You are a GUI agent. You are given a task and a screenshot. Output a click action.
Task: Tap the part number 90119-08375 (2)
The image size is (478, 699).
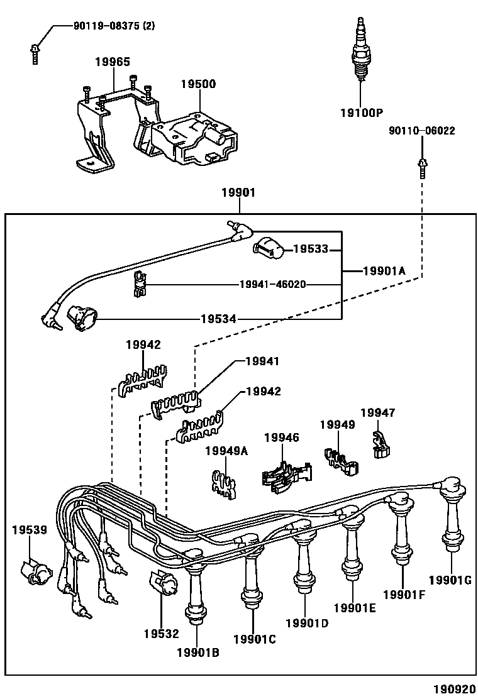[114, 26]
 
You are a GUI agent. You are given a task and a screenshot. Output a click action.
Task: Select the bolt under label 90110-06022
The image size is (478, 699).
[422, 168]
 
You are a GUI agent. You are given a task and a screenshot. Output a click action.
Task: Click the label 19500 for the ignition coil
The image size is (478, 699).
[198, 84]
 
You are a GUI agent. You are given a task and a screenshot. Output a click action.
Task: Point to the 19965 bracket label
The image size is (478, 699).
[113, 62]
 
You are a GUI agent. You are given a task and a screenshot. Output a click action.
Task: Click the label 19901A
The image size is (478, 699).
[384, 270]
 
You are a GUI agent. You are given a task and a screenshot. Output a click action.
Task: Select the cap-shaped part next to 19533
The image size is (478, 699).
[269, 248]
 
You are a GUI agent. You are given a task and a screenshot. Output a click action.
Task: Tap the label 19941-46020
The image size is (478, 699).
[273, 284]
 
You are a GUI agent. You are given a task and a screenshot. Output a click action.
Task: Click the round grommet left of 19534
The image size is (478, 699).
[82, 318]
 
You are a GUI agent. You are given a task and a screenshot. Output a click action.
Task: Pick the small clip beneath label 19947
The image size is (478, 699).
[380, 445]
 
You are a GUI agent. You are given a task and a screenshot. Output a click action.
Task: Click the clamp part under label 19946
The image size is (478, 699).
[286, 477]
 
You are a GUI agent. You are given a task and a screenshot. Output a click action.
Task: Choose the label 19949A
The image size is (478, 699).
[226, 451]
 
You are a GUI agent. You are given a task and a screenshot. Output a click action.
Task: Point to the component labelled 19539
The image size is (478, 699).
[36, 572]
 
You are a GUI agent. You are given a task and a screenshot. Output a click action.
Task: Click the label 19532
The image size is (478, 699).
[162, 634]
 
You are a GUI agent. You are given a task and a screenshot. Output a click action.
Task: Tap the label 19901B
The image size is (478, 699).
[198, 652]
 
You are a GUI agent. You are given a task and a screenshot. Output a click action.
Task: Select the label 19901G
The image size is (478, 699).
[450, 580]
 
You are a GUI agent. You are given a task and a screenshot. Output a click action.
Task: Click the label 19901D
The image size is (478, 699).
[307, 623]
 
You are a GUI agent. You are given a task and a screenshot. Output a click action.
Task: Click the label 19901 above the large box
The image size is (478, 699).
[238, 192]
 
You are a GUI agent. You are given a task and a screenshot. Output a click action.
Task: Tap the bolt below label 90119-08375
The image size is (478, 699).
[35, 54]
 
